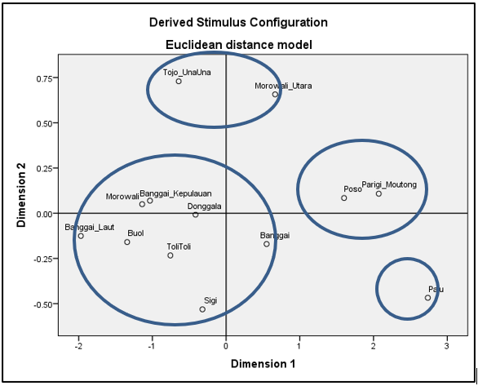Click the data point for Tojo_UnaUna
click(179, 82)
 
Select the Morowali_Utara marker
click(275, 95)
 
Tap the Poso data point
click(344, 197)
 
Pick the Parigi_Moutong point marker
click(378, 193)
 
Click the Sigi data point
click(202, 309)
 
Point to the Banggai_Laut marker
click(81, 236)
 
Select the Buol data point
click(127, 242)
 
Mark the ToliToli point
click(170, 255)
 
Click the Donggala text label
click(204, 206)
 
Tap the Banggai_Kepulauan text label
click(175, 194)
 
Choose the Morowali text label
click(122, 197)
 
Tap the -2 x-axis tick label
click(78, 346)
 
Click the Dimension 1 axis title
click(263, 364)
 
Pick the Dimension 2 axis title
click(21, 195)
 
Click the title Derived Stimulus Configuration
click(238, 23)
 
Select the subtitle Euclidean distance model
click(239, 45)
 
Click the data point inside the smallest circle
click(427, 298)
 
